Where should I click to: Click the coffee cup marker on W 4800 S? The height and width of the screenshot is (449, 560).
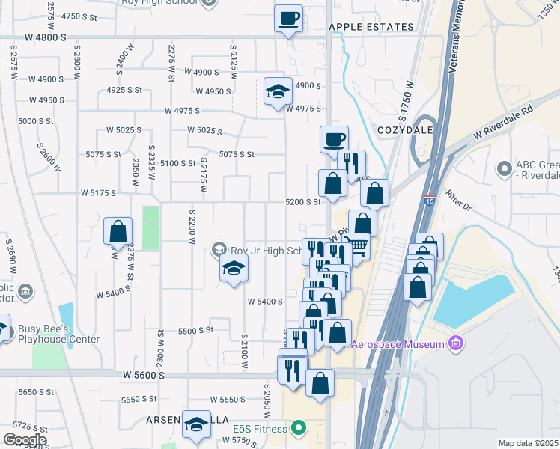288,19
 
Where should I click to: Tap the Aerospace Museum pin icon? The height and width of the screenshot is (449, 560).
456,343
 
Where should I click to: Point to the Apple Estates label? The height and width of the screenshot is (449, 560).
371,26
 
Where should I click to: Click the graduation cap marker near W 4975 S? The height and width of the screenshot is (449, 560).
278,92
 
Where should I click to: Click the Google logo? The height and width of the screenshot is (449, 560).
24,440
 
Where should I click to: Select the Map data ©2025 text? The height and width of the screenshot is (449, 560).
528,442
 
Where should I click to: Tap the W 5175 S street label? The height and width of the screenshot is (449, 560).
98,192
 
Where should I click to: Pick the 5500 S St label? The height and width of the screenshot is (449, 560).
195,329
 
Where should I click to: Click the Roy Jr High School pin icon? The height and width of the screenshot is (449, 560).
219,248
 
